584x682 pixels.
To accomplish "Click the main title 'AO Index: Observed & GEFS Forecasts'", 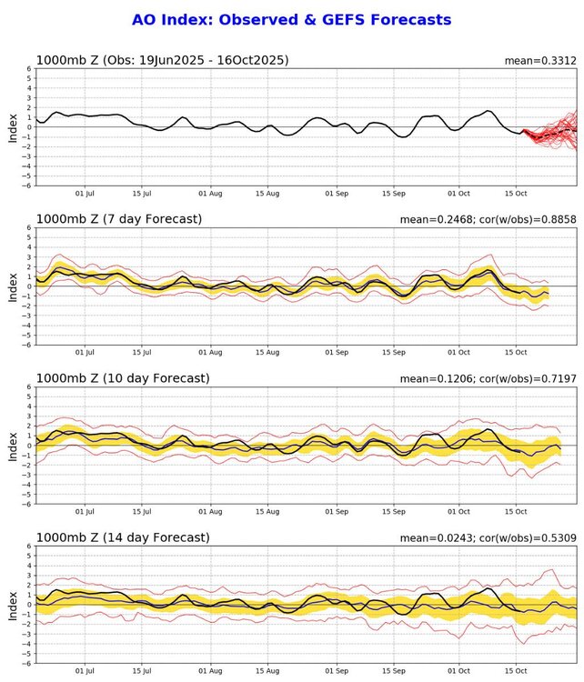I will pyautogui.click(x=291, y=19).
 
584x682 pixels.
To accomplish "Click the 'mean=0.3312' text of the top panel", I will pyautogui.click(x=540, y=61).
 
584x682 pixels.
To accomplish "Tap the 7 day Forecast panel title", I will pyautogui.click(x=119, y=219).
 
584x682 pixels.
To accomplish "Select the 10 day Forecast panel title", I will pyautogui.click(x=123, y=378).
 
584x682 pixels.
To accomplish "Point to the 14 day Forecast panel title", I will pyautogui.click(x=123, y=537).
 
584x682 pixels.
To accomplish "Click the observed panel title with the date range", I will pyautogui.click(x=163, y=60).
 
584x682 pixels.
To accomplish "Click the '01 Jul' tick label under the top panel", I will pyautogui.click(x=86, y=194).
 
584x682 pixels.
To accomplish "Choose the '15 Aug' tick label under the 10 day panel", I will pyautogui.click(x=267, y=512).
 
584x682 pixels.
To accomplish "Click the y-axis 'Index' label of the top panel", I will pyautogui.click(x=13, y=127).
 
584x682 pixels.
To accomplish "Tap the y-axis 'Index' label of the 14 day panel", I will pyautogui.click(x=13, y=605).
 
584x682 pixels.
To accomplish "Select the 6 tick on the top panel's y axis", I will pyautogui.click(x=29, y=68).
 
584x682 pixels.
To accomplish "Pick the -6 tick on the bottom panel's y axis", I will pyautogui.click(x=27, y=663).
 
